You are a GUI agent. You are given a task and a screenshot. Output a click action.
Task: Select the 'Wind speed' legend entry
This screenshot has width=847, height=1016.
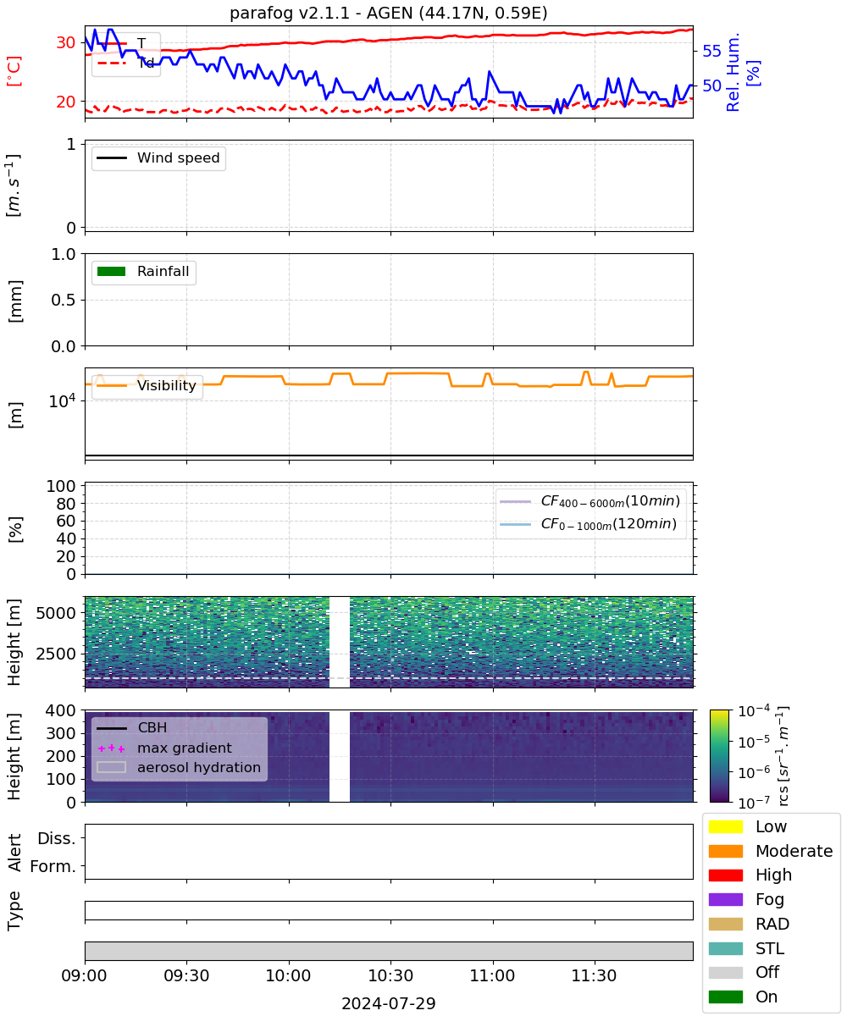pyautogui.click(x=158, y=157)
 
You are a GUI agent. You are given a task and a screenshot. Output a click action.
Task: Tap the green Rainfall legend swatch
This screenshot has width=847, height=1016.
pyautogui.click(x=112, y=271)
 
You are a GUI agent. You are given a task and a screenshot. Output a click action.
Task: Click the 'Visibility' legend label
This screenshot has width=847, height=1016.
pyautogui.click(x=167, y=385)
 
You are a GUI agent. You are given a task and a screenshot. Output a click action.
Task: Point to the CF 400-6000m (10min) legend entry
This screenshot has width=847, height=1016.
pyautogui.click(x=590, y=501)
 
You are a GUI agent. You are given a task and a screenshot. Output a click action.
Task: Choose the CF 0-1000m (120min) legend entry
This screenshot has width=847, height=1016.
pyautogui.click(x=588, y=524)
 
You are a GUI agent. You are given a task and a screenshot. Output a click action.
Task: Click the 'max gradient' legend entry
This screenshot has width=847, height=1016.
pyautogui.click(x=164, y=748)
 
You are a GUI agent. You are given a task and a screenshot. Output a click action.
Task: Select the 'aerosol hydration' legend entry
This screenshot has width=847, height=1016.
pyautogui.click(x=179, y=767)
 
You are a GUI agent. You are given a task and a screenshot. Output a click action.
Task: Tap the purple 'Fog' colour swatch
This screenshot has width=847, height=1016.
pyautogui.click(x=725, y=899)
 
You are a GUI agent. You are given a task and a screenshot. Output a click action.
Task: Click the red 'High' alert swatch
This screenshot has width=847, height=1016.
pyautogui.click(x=725, y=875)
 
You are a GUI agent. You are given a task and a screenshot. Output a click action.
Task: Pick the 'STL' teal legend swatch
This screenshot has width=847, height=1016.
pyautogui.click(x=725, y=948)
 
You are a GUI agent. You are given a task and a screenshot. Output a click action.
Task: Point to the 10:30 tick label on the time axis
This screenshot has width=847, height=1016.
pyautogui.click(x=390, y=975)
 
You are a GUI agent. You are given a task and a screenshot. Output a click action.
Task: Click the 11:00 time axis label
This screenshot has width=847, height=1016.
pyautogui.click(x=493, y=975)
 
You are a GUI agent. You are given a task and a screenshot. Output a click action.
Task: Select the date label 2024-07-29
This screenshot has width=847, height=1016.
pyautogui.click(x=389, y=1003)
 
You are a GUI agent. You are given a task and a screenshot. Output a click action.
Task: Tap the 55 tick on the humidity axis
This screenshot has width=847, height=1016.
pyautogui.click(x=711, y=51)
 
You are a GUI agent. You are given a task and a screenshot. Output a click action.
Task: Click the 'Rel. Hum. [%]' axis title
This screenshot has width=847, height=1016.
pyautogui.click(x=742, y=72)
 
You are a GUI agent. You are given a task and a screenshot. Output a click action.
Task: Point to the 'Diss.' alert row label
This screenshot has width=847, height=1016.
pyautogui.click(x=57, y=838)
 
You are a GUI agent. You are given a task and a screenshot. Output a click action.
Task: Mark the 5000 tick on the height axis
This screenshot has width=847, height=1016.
pyautogui.click(x=56, y=613)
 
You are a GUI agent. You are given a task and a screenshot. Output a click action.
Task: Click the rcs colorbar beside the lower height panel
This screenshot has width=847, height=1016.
pyautogui.click(x=719, y=756)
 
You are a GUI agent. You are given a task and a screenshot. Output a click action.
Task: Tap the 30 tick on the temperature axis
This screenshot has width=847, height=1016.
pyautogui.click(x=66, y=43)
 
